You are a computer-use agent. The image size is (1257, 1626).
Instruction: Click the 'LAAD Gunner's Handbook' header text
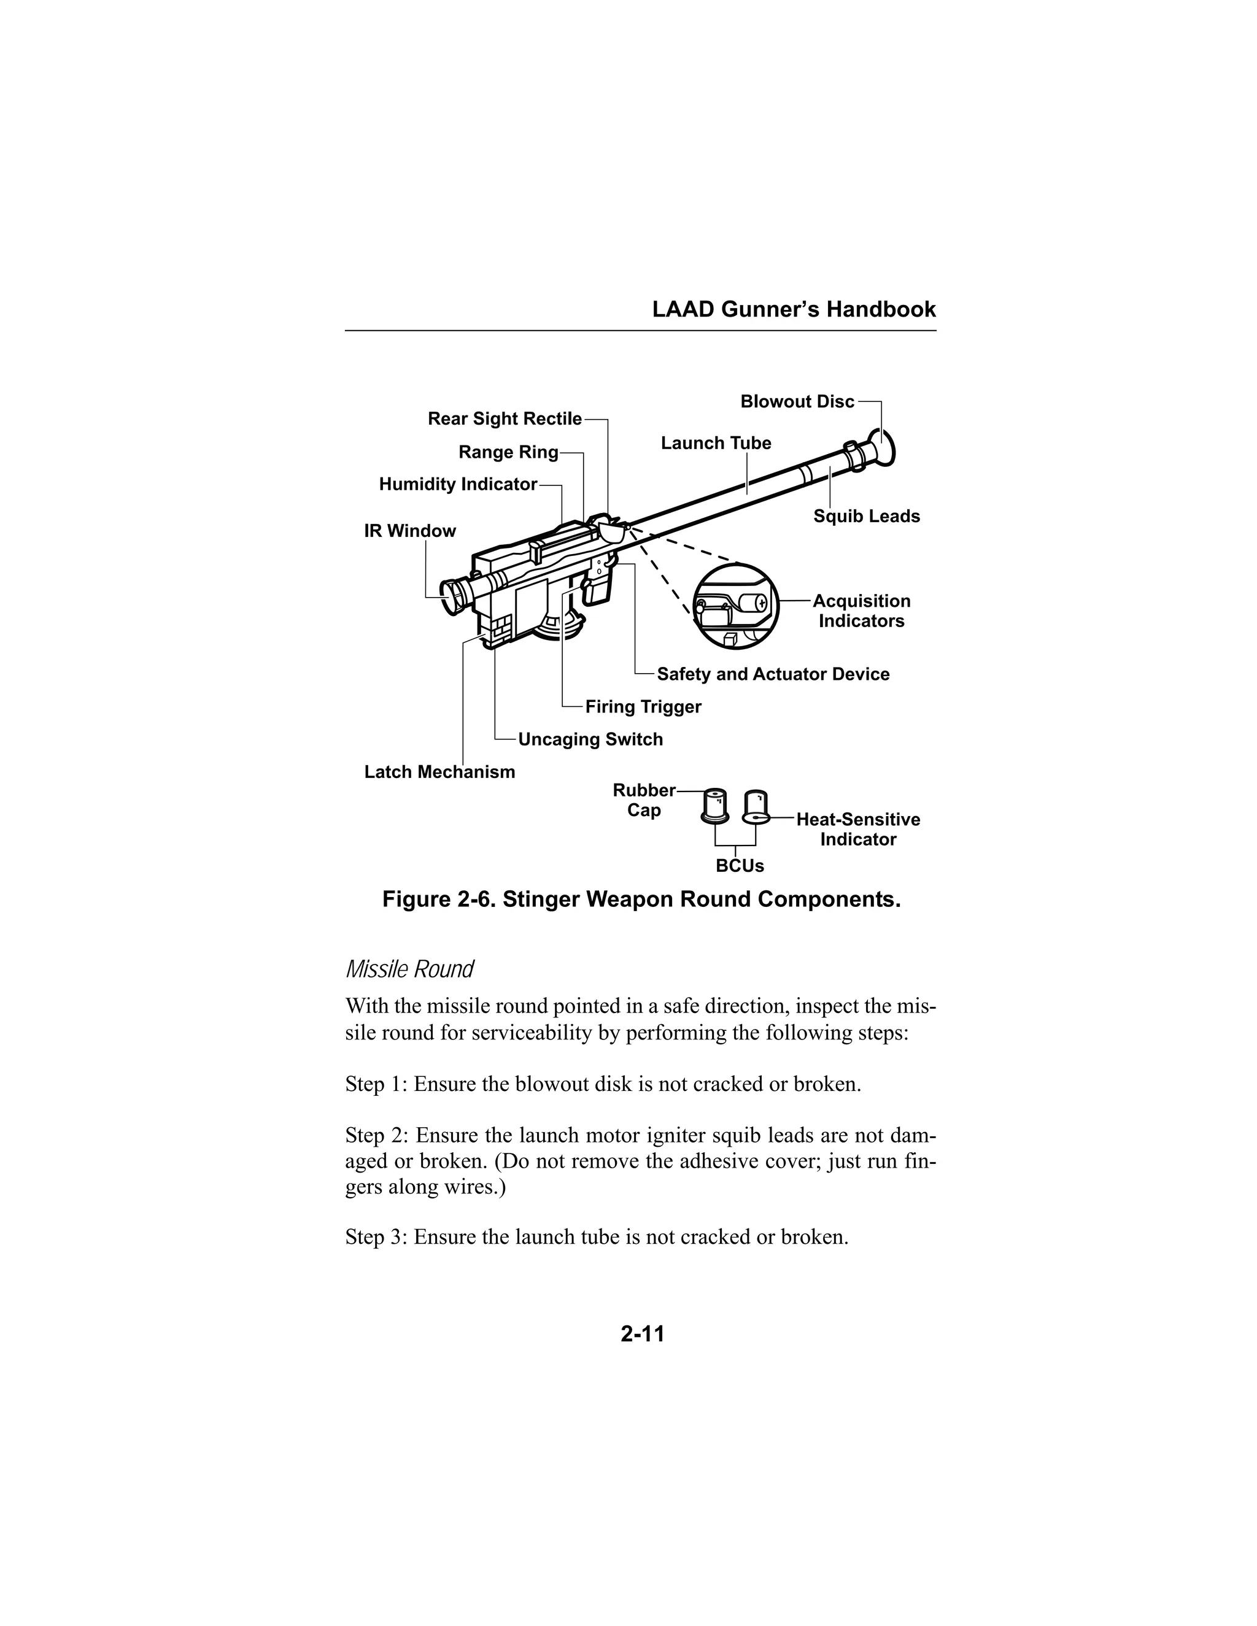[794, 310]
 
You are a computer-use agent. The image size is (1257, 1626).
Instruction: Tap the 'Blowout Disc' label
[797, 402]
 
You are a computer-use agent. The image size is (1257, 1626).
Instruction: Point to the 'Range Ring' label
[508, 452]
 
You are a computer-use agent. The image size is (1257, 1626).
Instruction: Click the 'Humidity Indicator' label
[457, 485]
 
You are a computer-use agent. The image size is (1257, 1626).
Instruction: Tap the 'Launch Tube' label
[716, 444]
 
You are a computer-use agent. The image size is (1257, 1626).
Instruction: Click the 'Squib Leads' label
[866, 517]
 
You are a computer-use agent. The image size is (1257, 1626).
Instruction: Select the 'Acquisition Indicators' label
[861, 611]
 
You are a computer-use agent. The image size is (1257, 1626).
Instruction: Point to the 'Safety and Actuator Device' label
[773, 674]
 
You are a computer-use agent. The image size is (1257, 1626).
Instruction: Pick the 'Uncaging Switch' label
[590, 739]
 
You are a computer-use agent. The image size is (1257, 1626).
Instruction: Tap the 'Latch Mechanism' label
[439, 772]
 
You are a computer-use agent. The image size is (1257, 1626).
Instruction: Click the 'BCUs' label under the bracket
[740, 866]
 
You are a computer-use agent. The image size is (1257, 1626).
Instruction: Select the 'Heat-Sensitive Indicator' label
[858, 830]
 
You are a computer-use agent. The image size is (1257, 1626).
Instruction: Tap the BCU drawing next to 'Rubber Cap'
[715, 806]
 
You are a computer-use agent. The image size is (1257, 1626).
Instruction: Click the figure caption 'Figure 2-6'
[641, 900]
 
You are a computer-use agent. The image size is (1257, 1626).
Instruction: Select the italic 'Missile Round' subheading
[409, 969]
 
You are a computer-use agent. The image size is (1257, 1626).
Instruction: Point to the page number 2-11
[642, 1333]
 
